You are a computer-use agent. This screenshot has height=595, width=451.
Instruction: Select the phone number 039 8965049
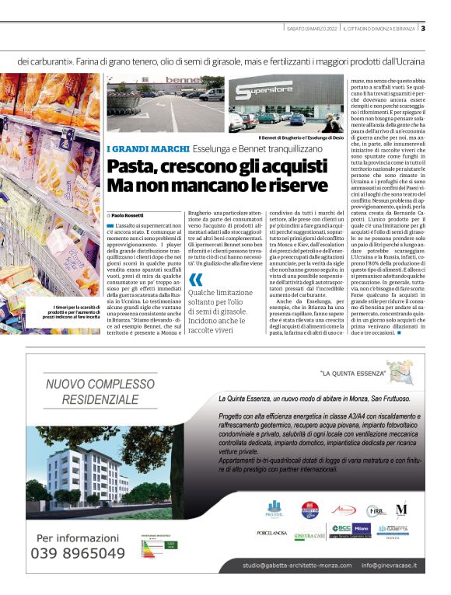77,553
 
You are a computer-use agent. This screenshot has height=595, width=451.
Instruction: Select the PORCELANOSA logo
272,533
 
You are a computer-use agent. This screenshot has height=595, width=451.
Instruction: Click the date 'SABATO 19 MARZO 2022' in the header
312,29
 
